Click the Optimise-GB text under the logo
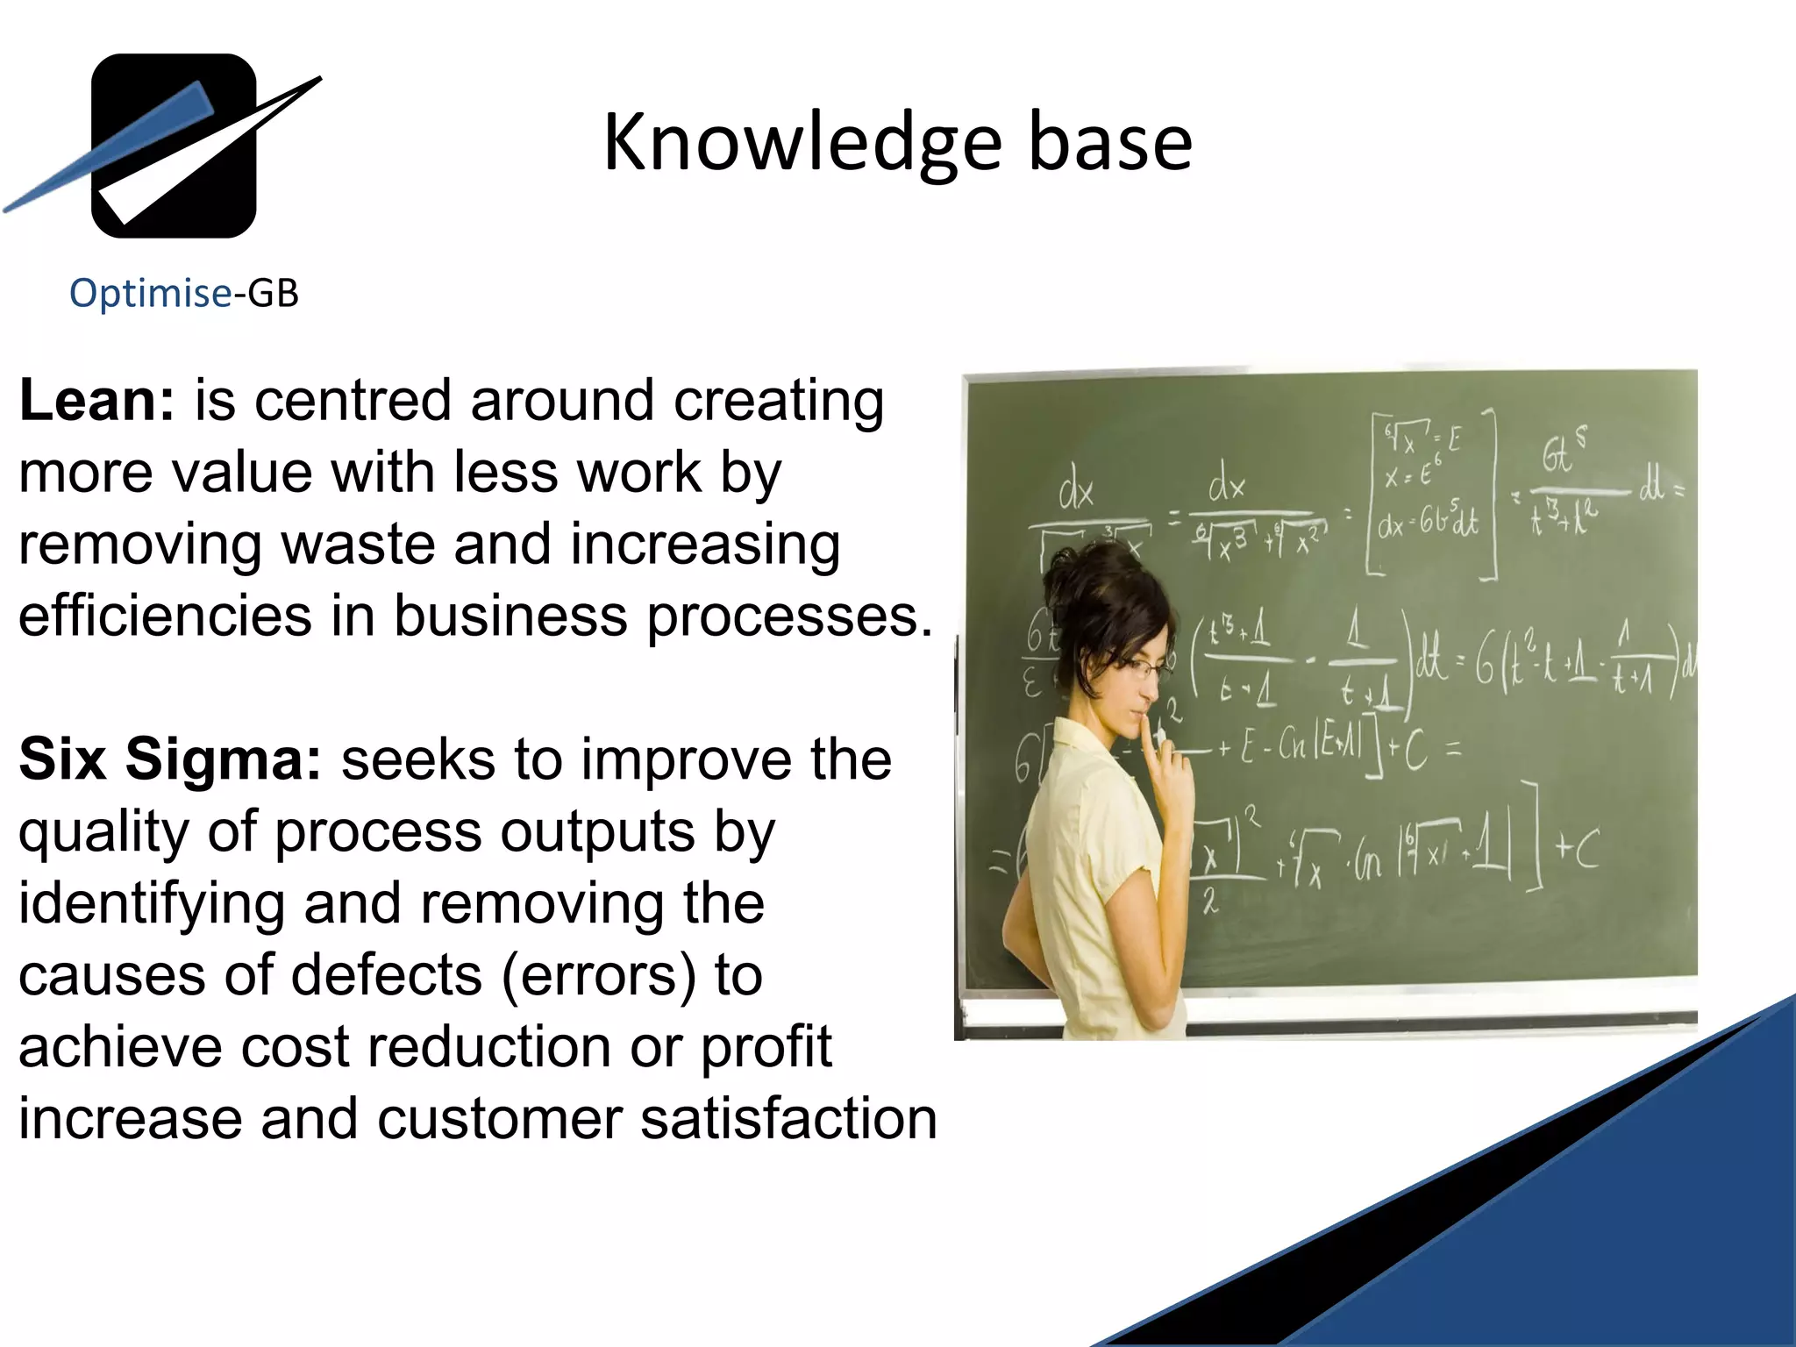184,293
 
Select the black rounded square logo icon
174,146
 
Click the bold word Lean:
97,401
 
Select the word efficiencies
165,616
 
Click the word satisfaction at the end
788,1120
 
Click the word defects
386,975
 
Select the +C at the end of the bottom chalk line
1577,848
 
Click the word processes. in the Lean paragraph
789,616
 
